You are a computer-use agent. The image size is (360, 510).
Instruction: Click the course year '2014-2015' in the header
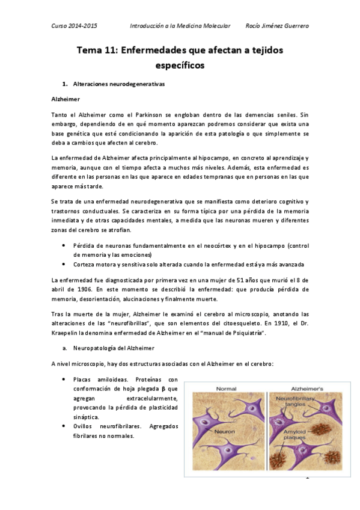[x=84, y=26]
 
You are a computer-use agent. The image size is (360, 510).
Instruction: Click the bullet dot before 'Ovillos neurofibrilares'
[x=64, y=426]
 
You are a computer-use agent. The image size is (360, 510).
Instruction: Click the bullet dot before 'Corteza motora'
[x=64, y=264]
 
